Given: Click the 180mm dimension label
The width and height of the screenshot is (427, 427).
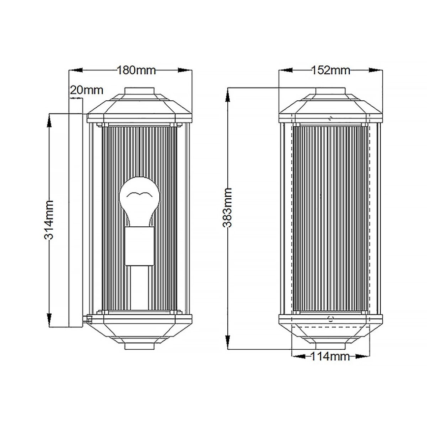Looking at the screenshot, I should coord(136,70).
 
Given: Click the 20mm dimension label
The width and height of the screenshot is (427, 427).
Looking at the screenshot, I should coord(87,90).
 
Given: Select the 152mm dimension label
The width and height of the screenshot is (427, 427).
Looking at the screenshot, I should coord(331,70).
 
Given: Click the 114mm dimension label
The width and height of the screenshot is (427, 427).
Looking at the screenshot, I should coord(330,357).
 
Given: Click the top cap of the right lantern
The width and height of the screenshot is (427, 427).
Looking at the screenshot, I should coord(331,92).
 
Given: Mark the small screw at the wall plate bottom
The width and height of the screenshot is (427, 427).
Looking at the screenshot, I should coord(88,318).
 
